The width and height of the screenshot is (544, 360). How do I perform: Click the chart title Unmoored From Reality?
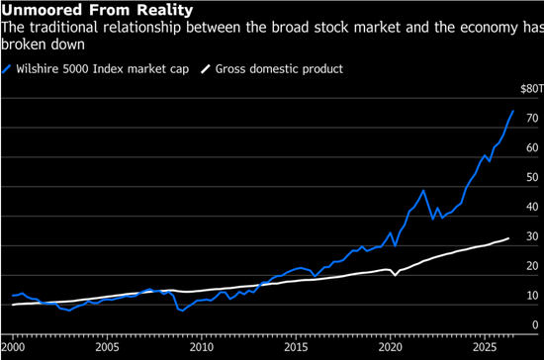97,10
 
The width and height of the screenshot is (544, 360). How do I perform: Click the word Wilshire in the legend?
38,68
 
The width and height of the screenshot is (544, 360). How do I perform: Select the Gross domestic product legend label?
279,69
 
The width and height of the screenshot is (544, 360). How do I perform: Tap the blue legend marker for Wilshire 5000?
7,69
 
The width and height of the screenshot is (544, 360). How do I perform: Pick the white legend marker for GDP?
206,69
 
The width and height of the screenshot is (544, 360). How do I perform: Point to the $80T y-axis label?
532,89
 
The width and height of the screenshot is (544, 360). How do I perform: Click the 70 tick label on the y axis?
532,119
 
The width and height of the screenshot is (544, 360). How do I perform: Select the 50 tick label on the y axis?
532,177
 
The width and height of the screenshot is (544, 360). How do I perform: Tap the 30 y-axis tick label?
532,236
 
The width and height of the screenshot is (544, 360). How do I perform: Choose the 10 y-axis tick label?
532,296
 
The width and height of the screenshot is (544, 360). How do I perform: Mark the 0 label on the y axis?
535,325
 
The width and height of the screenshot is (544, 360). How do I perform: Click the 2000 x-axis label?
13,347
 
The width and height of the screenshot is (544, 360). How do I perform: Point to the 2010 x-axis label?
202,347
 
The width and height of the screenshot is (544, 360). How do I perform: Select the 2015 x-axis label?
296,347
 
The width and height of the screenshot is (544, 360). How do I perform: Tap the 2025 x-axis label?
485,347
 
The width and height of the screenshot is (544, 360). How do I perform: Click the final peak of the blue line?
513,111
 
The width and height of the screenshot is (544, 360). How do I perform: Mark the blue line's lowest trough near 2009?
183,311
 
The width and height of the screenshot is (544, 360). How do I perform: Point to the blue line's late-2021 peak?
423,191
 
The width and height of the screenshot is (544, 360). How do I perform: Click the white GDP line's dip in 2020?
395,275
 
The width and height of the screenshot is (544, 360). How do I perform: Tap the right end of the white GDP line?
508,238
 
